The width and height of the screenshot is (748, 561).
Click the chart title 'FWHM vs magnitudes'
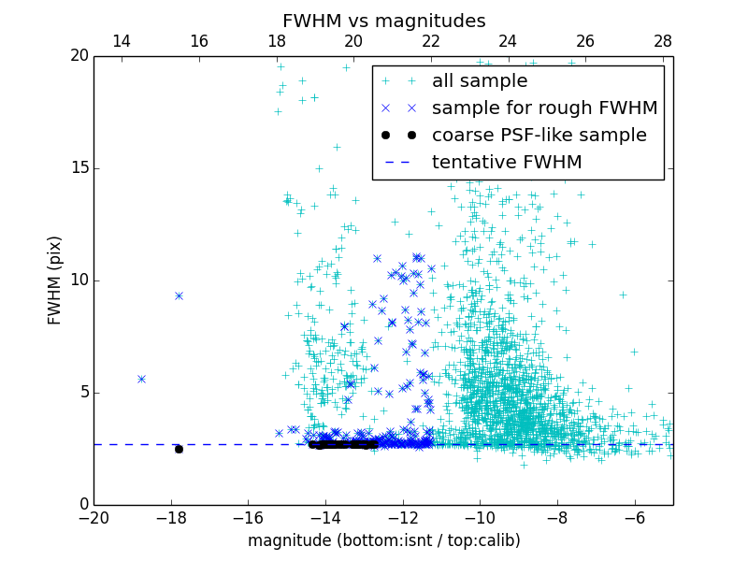[x=383, y=21]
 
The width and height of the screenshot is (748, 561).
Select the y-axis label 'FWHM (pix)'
[x=55, y=280]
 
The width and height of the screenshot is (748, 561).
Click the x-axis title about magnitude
[x=383, y=540]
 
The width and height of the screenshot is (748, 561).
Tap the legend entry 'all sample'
[x=479, y=81]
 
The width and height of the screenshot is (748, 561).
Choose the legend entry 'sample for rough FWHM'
[x=544, y=108]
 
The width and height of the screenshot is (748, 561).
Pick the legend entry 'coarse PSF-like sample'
[x=539, y=136]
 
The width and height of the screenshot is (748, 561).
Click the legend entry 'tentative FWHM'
[x=506, y=163]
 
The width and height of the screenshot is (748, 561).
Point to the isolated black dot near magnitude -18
[x=179, y=449]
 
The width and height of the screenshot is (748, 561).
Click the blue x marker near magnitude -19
[x=141, y=379]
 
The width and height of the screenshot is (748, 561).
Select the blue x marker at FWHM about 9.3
[x=179, y=295]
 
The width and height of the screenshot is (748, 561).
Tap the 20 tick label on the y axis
[x=78, y=56]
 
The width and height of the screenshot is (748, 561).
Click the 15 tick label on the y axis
[x=78, y=168]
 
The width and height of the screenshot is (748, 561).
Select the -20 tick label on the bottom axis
[x=93, y=517]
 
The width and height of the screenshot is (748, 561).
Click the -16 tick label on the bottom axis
[x=248, y=517]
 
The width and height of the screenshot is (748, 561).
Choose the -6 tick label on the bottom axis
[x=634, y=517]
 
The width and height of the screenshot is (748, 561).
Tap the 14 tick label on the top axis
[x=122, y=41]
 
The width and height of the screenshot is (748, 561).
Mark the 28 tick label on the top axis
[x=663, y=41]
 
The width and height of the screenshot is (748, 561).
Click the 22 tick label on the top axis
[x=431, y=41]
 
